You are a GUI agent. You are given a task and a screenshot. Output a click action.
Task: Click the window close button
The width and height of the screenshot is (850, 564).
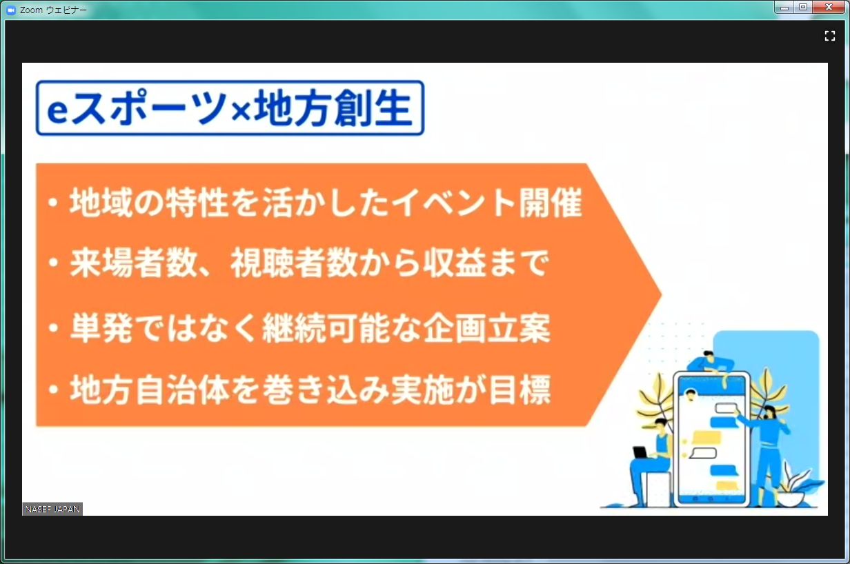coord(829,7)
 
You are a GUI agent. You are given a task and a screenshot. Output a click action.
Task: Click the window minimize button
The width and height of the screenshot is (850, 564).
coord(784,7)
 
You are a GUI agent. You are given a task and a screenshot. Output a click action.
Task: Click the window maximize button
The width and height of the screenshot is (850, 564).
coord(803,7)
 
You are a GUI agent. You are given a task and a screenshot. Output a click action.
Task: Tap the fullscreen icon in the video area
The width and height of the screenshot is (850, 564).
coord(830,36)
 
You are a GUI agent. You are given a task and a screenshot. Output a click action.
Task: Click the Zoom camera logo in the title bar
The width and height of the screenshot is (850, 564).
coord(10,10)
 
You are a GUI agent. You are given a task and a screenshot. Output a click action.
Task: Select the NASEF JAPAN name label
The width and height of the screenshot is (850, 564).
coord(52,509)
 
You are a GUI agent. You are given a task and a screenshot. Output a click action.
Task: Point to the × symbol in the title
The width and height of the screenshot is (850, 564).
coord(241,112)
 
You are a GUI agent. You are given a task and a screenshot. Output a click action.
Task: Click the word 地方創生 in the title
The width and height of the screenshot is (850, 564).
coord(333,108)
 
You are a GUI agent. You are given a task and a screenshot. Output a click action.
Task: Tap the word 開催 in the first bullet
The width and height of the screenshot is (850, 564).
coord(551,203)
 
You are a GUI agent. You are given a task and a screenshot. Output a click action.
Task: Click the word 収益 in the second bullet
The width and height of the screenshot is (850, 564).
coord(454,263)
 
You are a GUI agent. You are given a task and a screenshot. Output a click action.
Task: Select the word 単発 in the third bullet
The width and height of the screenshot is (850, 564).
coord(101,328)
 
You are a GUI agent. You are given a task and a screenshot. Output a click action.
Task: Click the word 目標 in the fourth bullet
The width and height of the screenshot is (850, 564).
coord(520,390)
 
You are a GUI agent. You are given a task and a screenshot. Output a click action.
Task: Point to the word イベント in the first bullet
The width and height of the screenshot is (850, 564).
coord(453,203)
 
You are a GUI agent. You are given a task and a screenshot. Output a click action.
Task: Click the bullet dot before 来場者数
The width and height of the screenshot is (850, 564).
coord(53,263)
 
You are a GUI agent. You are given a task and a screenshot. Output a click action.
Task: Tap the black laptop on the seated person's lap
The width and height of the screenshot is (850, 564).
coord(640,452)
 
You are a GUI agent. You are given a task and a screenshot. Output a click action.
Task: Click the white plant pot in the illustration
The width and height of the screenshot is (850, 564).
coord(791,498)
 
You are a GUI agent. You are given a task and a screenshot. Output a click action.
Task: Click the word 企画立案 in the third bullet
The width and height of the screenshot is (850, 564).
coord(487,328)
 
